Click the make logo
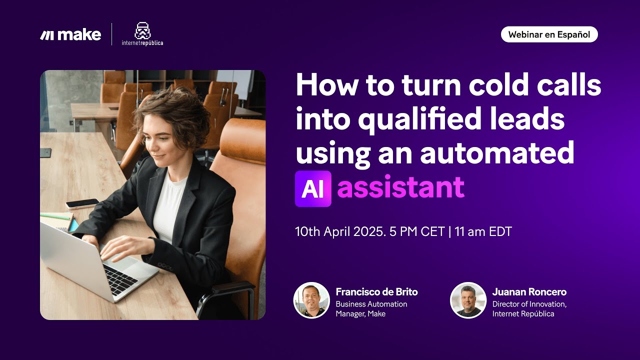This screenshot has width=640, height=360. tap(70, 35)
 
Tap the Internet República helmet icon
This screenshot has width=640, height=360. tap(142, 30)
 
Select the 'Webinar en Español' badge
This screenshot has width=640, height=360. tap(549, 34)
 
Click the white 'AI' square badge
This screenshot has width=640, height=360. tap(313, 188)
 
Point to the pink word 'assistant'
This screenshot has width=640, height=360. tap(401, 187)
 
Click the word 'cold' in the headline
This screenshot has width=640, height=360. tap(498, 84)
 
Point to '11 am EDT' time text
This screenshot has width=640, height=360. tap(483, 231)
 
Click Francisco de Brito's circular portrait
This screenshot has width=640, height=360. tap(311, 300)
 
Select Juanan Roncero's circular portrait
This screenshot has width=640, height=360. tap(468, 300)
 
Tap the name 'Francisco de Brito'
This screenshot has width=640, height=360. tap(376, 291)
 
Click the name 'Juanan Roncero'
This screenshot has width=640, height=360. tap(529, 291)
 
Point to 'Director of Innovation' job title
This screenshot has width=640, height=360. tap(529, 304)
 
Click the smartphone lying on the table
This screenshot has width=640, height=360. tap(82, 203)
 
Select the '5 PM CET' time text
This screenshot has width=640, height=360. tap(417, 231)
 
